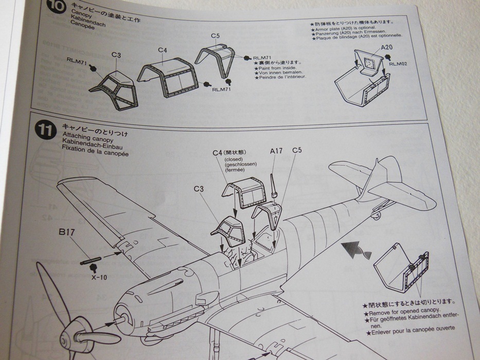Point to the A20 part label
tap(387, 47)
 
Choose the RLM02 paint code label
tap(398, 64)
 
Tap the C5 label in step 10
tap(215, 36)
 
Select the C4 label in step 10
tap(162, 49)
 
